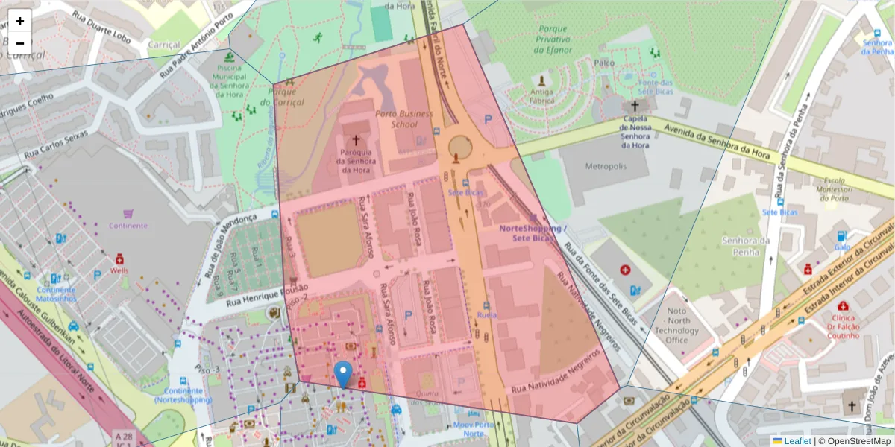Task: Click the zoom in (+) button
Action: [x=20, y=21]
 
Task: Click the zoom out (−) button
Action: [x=20, y=43]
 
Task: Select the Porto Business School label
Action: [x=403, y=119]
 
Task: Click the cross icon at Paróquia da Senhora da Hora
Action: [x=356, y=140]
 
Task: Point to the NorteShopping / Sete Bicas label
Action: [x=533, y=233]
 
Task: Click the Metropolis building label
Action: [x=606, y=165]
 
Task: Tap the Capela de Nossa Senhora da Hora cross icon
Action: [x=635, y=107]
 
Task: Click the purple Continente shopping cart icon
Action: [x=128, y=213]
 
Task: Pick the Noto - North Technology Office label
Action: [x=677, y=326]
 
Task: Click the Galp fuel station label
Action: [x=842, y=247]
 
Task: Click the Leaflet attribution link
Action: [x=797, y=441]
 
